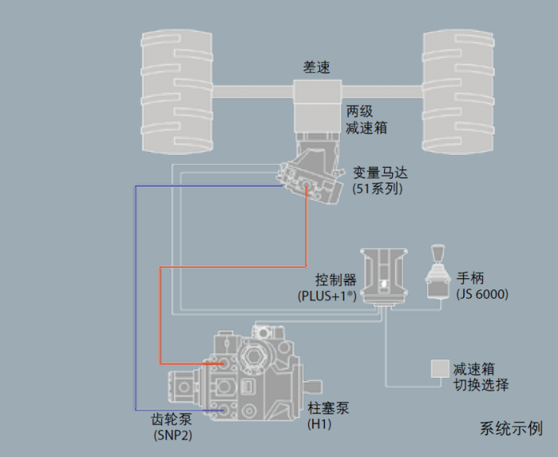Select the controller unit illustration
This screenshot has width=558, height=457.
coord(384,277)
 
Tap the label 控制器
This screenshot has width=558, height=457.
coord(334,281)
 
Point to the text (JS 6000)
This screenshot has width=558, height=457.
coord(482,295)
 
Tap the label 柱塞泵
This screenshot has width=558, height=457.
coord(327,410)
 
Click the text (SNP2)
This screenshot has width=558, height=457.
coord(173,436)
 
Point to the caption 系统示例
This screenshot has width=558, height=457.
coord(511,429)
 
